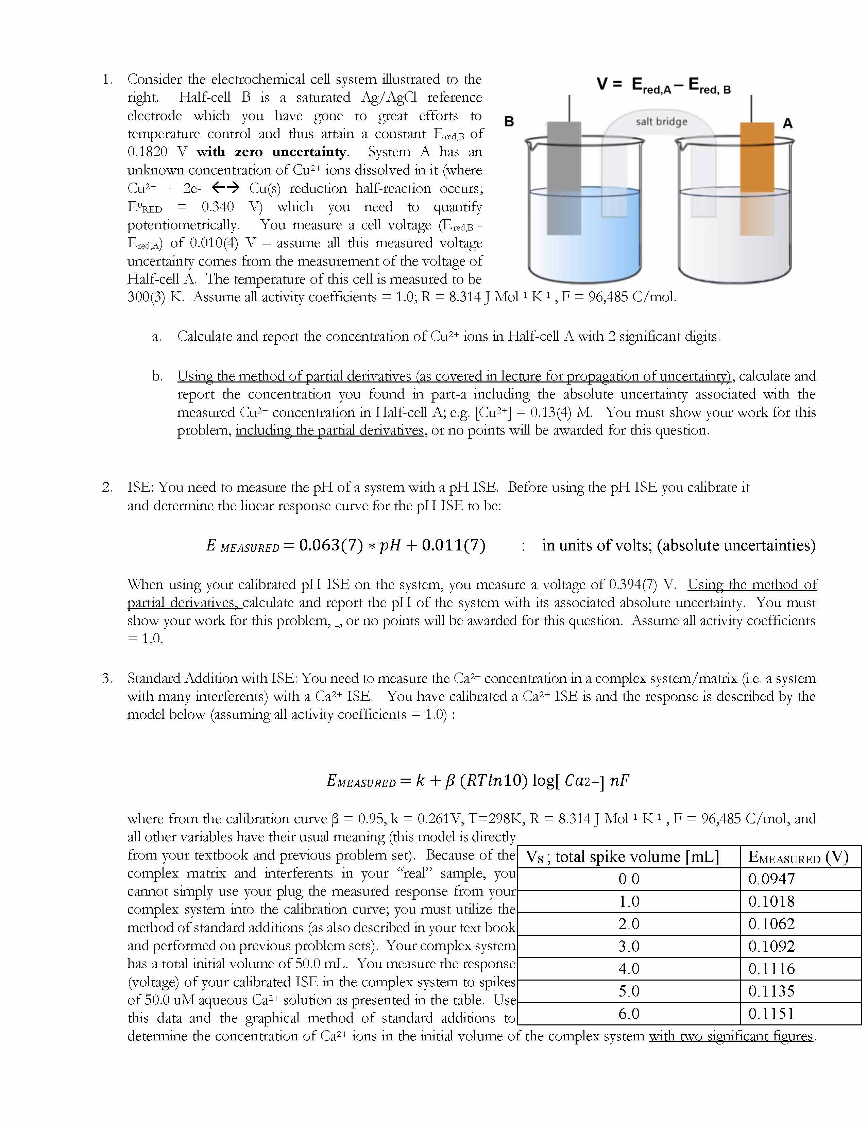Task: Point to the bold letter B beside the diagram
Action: point(509,122)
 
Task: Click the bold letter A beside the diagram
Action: point(787,124)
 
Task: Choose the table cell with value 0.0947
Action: point(771,879)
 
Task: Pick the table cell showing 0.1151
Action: point(771,1014)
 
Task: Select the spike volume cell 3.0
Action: point(629,946)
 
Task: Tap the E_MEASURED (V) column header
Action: point(798,856)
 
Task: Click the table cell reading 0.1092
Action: point(771,946)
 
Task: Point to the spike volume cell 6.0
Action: point(629,1014)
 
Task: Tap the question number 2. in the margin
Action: point(107,487)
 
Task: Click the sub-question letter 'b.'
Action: point(157,376)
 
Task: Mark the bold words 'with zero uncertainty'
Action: point(272,152)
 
